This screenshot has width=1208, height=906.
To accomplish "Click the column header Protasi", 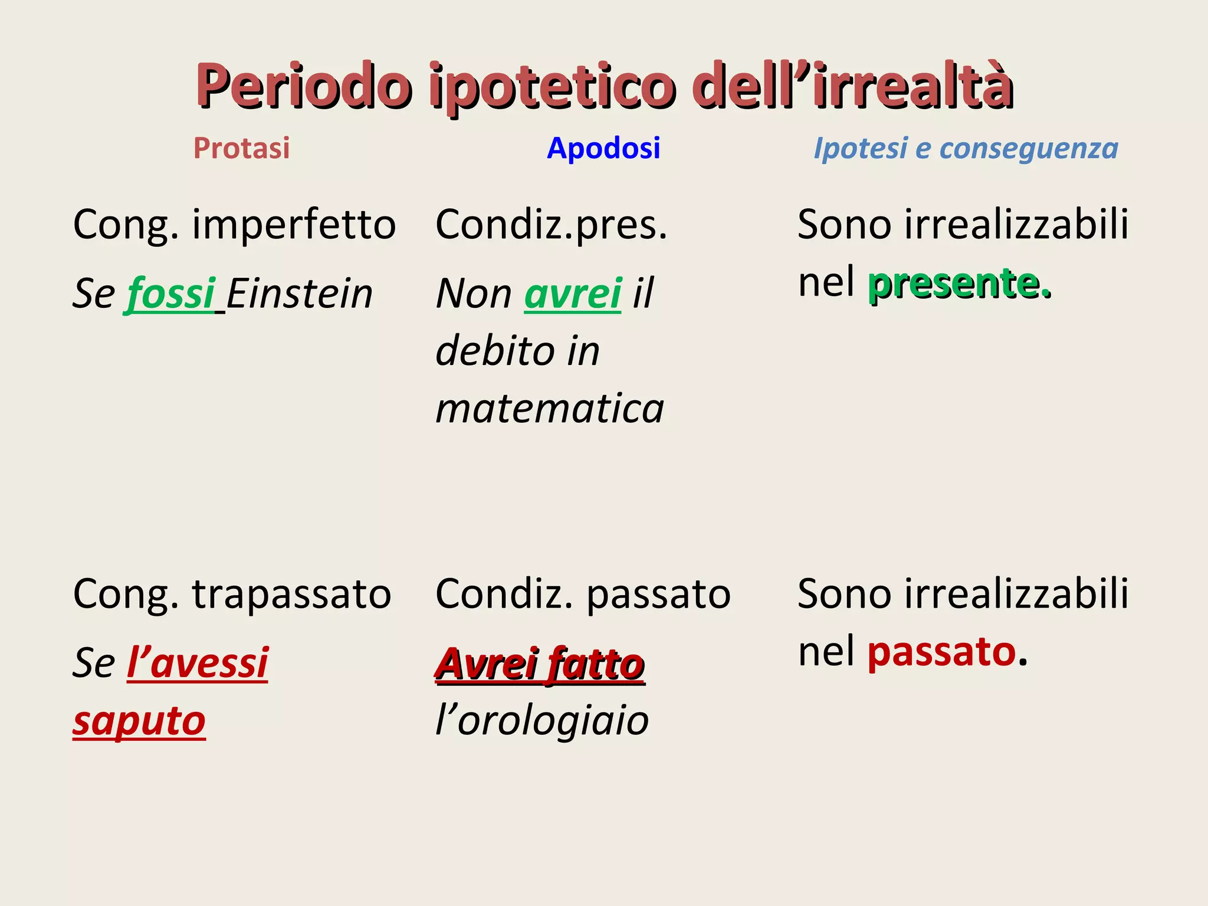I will pos(241,148).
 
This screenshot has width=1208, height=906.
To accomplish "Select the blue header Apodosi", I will pos(603,148).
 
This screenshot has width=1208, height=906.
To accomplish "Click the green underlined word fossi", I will pos(171,294).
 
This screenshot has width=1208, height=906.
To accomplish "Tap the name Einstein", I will pos(300,294).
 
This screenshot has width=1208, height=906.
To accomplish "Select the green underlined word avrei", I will pos(573,294).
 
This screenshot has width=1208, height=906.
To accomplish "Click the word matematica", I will pos(550,408).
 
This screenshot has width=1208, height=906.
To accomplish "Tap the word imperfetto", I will pos(294,225).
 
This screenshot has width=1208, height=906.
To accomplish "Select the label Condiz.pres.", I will pos(552,225).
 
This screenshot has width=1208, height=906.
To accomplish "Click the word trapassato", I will pos(291,594).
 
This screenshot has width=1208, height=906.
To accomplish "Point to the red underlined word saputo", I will pos(139,721).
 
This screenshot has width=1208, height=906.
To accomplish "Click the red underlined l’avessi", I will pos(198,663).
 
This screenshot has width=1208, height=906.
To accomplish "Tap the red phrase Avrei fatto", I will pos(540,664).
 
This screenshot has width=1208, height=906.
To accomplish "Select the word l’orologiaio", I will pos(542,721).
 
